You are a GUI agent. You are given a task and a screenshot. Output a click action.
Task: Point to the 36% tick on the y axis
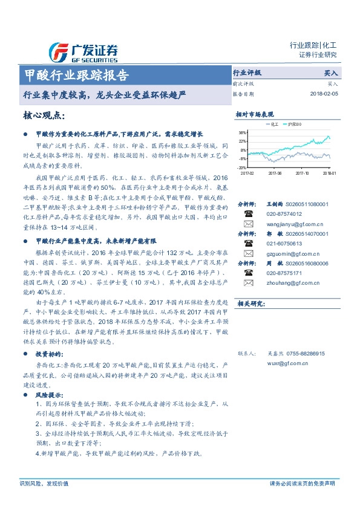[242, 132]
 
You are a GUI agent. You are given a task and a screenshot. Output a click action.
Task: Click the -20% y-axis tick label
[242, 167]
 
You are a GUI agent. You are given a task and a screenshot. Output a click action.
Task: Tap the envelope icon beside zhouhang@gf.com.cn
[248, 283]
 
